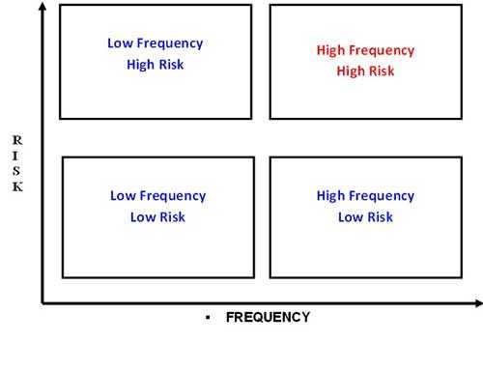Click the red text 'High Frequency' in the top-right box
click(365, 50)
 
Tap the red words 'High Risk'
click(365, 71)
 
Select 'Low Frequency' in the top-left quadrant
click(156, 43)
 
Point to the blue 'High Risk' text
click(156, 64)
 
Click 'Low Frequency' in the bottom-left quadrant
click(157, 195)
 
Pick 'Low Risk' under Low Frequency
click(157, 216)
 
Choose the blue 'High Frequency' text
click(365, 195)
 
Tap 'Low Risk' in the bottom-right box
click(365, 216)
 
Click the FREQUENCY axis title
click(268, 317)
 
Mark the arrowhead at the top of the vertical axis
click(42, 7)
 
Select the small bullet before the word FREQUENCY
click(208, 317)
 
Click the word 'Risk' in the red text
click(380, 71)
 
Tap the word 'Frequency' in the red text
click(383, 50)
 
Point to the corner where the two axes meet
click(42, 303)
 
